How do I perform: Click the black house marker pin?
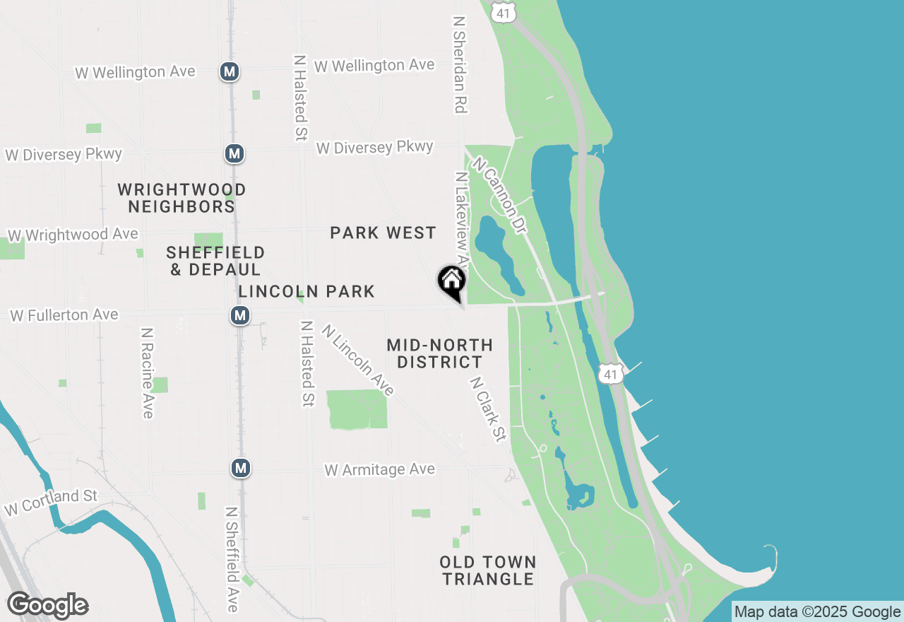coord(452,283)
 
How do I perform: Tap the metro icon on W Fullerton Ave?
coord(241,315)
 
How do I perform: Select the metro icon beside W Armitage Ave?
coord(242,468)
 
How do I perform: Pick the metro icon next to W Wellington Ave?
coord(229,71)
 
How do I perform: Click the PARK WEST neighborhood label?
coord(383,233)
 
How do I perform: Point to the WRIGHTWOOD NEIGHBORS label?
coord(182,198)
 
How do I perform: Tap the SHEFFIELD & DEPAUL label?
coord(215,261)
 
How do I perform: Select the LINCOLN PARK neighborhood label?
coord(307,291)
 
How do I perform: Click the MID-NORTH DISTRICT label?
coord(439,353)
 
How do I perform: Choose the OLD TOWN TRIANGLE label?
coord(487,570)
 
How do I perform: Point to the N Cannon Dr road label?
coord(501,196)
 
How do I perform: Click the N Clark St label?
coord(489,409)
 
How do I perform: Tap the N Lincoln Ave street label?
coord(357,360)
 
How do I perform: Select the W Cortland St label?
coord(51,501)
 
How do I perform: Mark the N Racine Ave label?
coord(147,373)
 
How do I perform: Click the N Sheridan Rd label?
coord(460,65)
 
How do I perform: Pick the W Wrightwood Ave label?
coord(73,235)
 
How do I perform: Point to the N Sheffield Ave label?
coord(232,558)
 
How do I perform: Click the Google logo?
coord(47,606)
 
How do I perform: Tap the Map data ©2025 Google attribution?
coord(817,612)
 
